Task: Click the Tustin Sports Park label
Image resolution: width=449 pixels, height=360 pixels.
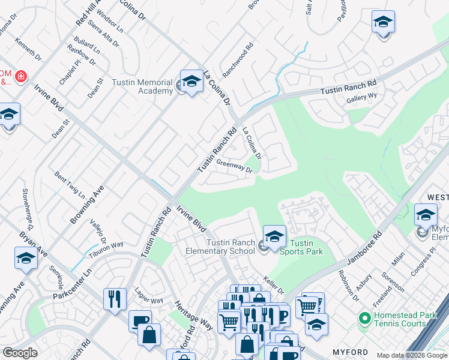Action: click(x=302, y=247)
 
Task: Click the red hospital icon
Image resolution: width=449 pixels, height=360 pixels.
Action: click(x=21, y=77)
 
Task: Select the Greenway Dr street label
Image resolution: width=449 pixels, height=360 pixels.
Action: click(x=234, y=166)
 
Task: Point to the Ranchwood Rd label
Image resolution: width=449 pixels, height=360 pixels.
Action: click(x=238, y=59)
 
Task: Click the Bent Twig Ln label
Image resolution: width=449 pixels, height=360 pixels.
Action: click(x=70, y=185)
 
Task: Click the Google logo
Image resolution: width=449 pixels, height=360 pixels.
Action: click(x=20, y=353)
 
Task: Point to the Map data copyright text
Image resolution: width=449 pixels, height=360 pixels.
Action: click(x=412, y=355)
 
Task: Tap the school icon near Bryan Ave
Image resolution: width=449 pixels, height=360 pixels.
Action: click(x=26, y=258)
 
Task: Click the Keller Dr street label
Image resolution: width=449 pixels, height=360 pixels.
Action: click(x=273, y=285)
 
